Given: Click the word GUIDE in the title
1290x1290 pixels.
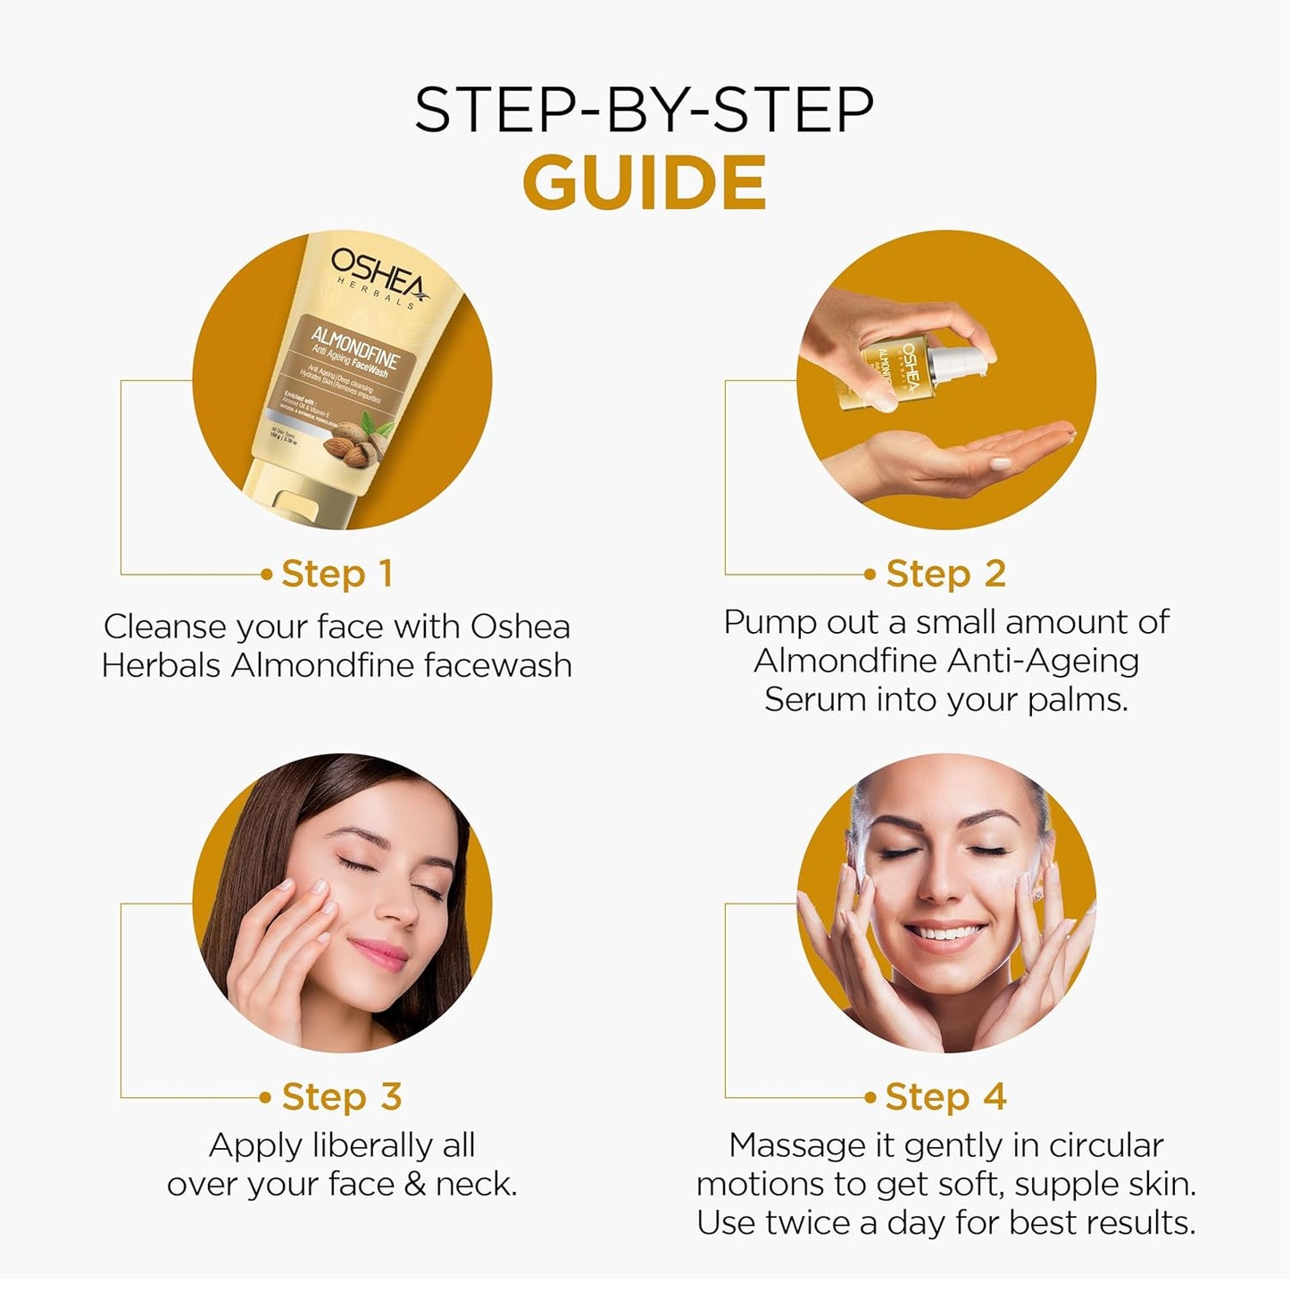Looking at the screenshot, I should point(644,183).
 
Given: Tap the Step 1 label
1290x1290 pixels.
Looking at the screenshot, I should point(337,574).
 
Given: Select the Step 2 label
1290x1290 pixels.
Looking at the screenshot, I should point(945,574).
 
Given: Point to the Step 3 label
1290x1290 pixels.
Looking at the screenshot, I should point(341,1096).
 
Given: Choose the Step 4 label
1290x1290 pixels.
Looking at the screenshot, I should point(945,1096).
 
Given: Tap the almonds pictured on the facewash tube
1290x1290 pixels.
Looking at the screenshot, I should point(350,444).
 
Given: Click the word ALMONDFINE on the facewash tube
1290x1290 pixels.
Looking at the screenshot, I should point(354,349).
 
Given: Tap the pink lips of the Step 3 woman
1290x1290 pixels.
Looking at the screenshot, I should point(379,953).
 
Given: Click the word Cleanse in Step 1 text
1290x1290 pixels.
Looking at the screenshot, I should point(163,627).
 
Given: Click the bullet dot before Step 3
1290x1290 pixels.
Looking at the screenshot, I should point(265,1097).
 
